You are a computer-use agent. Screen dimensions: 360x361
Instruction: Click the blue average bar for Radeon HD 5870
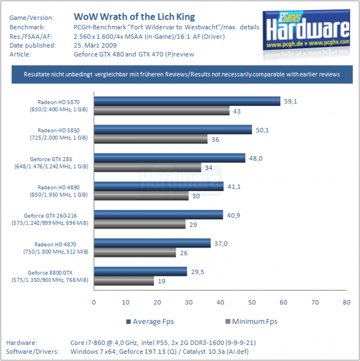187,101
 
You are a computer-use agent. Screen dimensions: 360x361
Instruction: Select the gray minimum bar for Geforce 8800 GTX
124,281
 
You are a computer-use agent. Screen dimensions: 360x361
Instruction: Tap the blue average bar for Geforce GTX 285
170,158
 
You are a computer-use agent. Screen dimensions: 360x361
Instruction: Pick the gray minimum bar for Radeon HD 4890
141,196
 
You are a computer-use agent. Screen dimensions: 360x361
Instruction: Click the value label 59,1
290,102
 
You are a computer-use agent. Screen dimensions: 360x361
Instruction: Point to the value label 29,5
198,272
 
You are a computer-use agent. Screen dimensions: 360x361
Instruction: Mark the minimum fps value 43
237,111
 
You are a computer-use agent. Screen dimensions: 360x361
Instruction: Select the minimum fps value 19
162,281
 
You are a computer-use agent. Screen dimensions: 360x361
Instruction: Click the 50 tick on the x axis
252,302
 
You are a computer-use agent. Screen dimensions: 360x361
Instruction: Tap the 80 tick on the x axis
346,302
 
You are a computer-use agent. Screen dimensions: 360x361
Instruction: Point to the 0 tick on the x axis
94,302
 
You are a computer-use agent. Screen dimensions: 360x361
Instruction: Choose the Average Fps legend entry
150,322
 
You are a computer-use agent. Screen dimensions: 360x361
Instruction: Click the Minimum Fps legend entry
251,322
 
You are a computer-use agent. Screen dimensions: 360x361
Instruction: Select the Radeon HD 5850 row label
59,134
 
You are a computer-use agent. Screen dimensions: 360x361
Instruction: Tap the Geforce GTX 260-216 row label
50,219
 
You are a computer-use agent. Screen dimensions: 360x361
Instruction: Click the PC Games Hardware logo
306,30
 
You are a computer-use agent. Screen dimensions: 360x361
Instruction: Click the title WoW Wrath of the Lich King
134,17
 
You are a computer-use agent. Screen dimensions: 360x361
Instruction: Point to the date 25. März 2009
95,45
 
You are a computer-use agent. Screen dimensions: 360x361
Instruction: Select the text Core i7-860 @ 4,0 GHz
104,343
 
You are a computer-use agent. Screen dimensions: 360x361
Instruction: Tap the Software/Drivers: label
32,351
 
